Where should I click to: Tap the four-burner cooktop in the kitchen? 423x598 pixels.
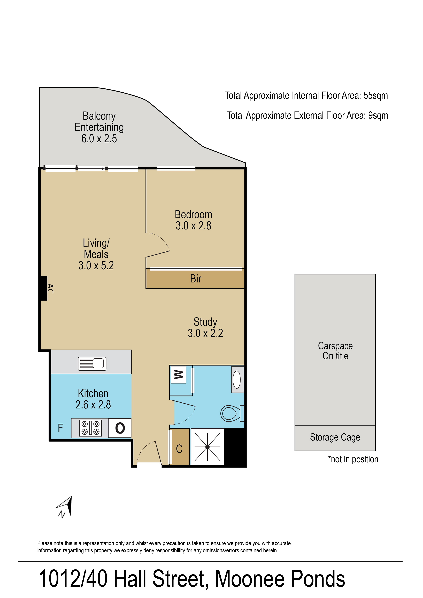90,428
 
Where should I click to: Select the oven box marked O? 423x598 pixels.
120,428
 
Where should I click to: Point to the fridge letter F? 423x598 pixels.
60,428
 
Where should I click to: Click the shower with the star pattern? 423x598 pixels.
207,447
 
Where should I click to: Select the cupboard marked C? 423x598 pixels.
179,447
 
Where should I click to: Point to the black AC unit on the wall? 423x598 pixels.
43,288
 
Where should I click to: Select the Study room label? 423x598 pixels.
205,322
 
